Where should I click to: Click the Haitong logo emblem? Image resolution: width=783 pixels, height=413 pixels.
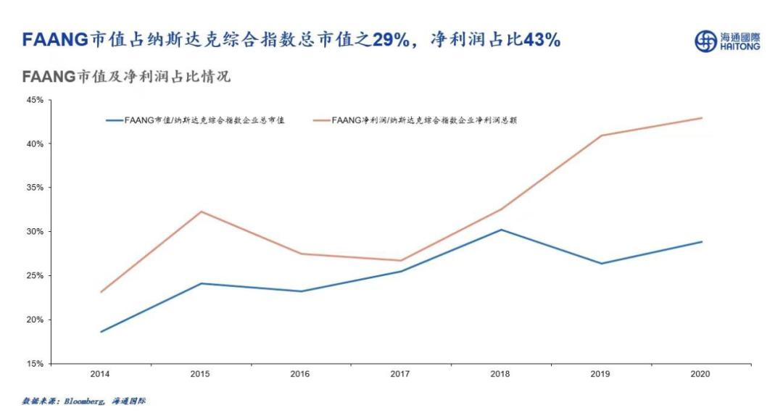705,41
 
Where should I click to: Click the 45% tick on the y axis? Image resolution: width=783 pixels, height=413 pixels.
35,100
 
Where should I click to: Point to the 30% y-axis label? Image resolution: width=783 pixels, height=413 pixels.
35,232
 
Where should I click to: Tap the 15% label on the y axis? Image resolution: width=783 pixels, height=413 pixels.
35,364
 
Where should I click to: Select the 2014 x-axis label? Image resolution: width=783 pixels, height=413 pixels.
100,375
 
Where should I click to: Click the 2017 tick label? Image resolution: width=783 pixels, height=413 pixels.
401,375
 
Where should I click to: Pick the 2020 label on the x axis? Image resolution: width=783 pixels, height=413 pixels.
701,375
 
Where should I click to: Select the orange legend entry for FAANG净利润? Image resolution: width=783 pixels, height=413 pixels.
423,121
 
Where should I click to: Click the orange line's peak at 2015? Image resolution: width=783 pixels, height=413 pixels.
201,212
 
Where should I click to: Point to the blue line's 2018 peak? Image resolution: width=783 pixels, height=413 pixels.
501,230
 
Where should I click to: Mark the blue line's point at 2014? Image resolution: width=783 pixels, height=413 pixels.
101,332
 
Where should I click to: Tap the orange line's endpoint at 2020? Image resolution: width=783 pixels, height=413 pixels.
702,118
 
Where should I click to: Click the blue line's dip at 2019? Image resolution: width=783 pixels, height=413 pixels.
601,263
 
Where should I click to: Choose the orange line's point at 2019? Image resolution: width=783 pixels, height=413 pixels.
601,135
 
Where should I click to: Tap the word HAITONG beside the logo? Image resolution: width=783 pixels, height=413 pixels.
740,46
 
